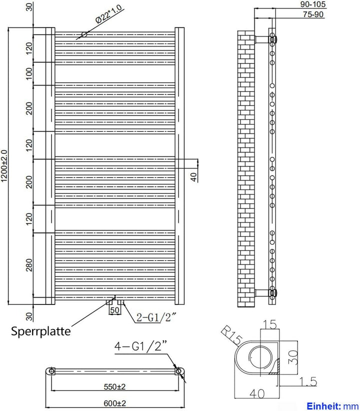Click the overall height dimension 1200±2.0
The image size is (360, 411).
tap(5, 165)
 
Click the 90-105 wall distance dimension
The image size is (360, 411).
tap(313, 4)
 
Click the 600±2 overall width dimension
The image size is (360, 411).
tap(114, 403)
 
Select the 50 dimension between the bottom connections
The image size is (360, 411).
tap(115, 310)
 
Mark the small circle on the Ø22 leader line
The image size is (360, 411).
tap(84, 34)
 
